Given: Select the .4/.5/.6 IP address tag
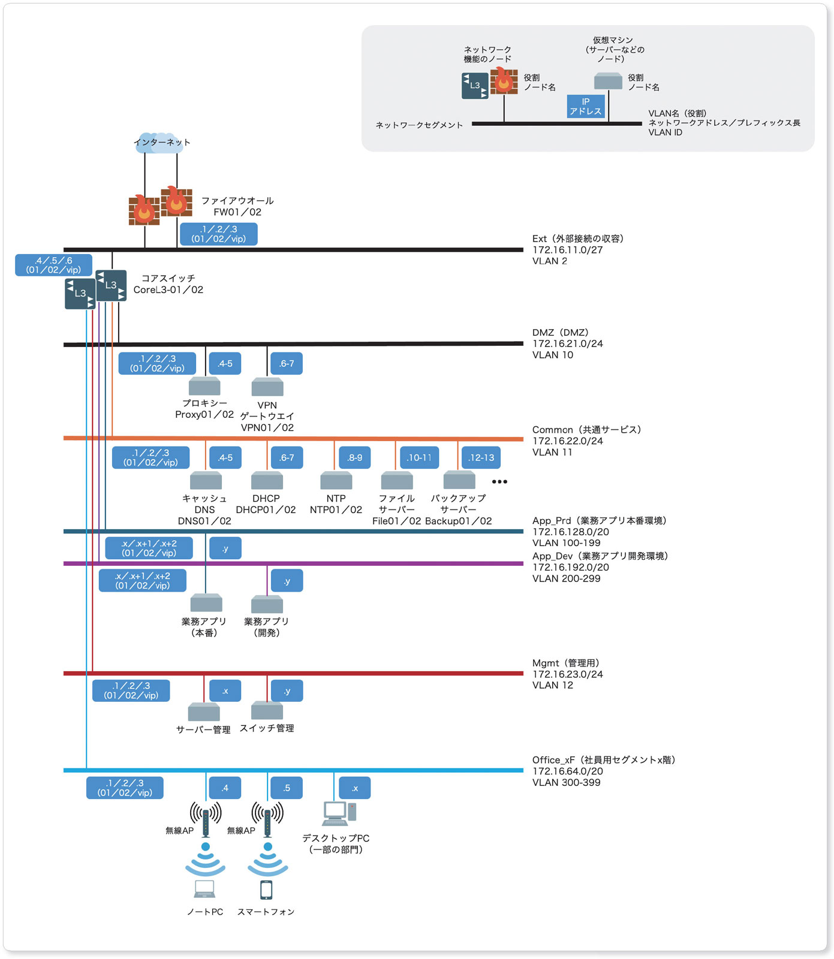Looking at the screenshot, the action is (53, 265).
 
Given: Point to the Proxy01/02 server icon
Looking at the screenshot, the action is (205, 386).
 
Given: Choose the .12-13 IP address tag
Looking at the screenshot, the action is (481, 457).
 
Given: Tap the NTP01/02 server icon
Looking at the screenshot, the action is (336, 481).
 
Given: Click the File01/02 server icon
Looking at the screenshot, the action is (397, 481).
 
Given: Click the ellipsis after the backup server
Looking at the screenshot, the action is (499, 481).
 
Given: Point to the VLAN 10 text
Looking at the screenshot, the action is (553, 355).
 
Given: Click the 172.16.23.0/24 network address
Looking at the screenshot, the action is (568, 674).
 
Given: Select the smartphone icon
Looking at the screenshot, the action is (266, 890).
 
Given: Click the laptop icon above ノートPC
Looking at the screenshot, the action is (204, 889).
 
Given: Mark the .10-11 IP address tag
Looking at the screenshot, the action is (419, 457).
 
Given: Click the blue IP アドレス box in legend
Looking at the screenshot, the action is (586, 106).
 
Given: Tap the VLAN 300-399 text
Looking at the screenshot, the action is (567, 782).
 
